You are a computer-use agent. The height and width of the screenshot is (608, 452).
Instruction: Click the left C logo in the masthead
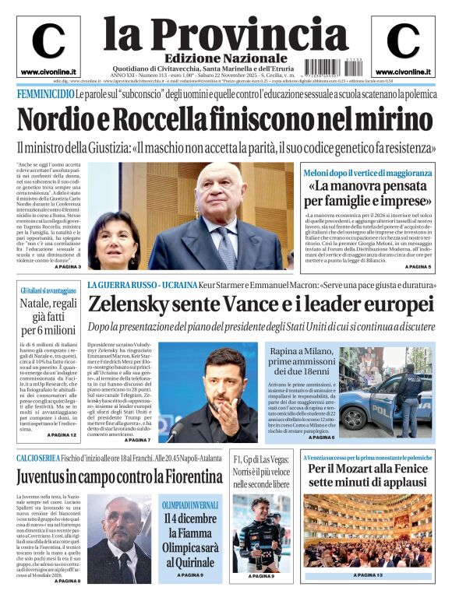[48, 41]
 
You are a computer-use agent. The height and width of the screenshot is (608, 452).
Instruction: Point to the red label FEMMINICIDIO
[45, 94]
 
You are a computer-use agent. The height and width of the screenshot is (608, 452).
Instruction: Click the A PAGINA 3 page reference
[67, 267]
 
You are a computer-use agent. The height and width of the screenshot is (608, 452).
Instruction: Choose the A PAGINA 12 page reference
[62, 434]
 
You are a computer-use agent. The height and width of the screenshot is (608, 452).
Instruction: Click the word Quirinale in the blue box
[190, 554]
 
